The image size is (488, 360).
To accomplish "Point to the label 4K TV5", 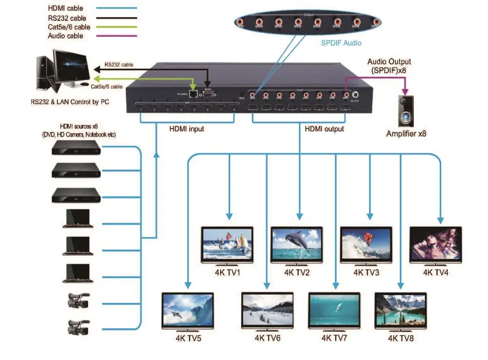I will tap(188, 338).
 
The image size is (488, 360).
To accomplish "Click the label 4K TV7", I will tap(334, 338).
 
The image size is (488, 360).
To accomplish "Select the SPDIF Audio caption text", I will tap(341, 43).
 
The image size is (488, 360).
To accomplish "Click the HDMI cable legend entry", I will tap(65, 8).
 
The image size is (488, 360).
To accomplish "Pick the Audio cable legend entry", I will tap(65, 36).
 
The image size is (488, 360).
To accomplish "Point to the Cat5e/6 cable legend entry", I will tap(69, 27).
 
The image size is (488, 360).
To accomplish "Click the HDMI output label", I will tap(324, 129).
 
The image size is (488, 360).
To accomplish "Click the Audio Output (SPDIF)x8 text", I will tap(389, 65).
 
